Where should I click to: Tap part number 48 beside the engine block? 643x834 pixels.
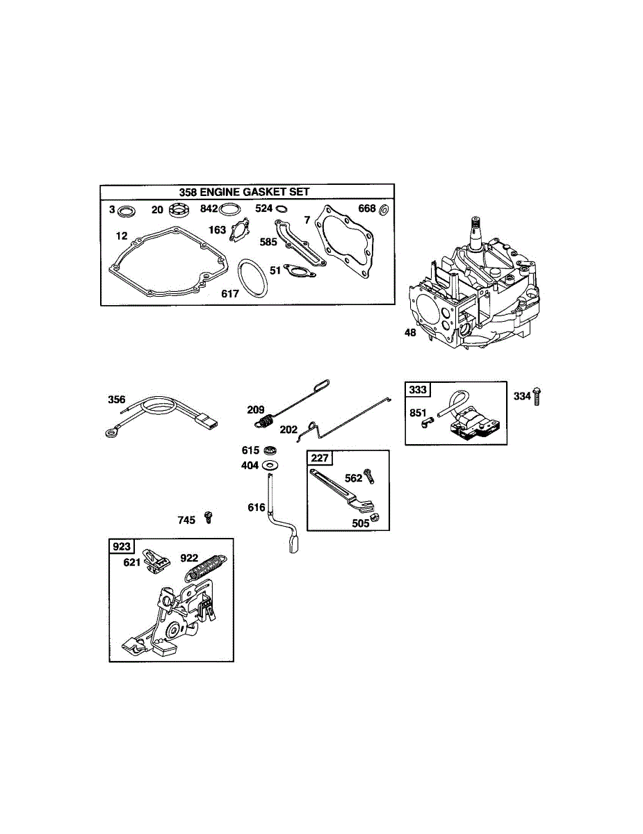click(x=410, y=333)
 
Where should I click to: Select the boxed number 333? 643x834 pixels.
click(x=418, y=390)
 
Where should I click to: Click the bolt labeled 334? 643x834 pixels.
click(x=537, y=397)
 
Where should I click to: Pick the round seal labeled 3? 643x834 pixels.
click(x=127, y=210)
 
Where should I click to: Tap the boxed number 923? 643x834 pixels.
click(x=122, y=547)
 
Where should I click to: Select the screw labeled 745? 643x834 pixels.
click(x=208, y=517)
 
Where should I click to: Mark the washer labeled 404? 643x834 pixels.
click(x=270, y=465)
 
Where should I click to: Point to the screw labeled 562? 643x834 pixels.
click(x=370, y=477)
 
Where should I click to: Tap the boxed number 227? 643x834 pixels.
click(x=320, y=459)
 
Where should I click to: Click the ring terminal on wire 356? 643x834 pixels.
click(x=110, y=433)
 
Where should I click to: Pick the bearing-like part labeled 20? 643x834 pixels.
click(x=179, y=210)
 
